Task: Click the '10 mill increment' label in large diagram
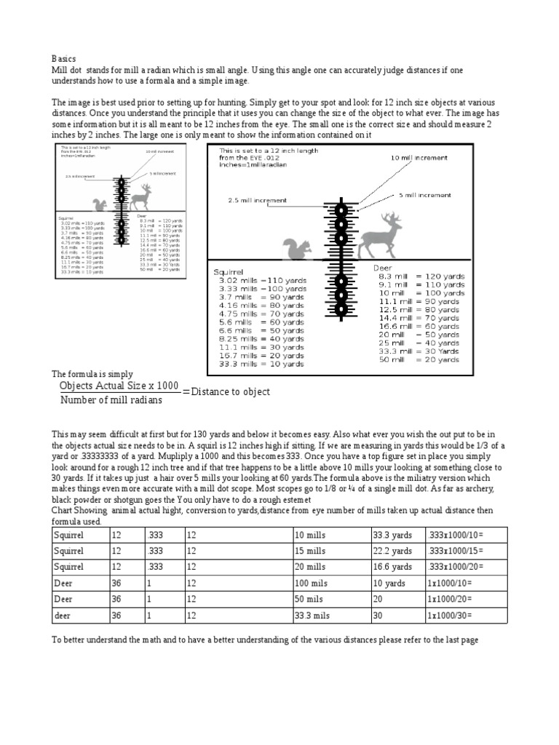tap(419, 157)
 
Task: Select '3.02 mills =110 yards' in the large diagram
tap(262, 280)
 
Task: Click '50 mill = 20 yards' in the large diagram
tap(421, 360)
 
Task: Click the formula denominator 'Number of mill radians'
tap(111, 400)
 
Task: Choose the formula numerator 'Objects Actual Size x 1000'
tap(119, 386)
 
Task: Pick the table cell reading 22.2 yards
tap(392, 551)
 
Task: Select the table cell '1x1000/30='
tap(451, 615)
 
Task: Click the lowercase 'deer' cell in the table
tap(63, 615)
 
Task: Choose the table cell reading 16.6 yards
tap(392, 567)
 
